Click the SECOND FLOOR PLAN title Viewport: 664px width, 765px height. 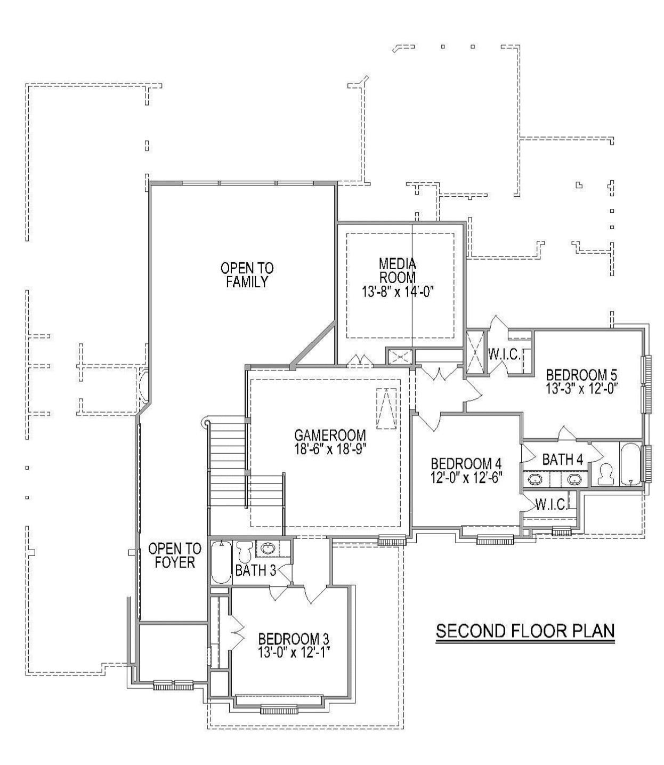[x=525, y=631]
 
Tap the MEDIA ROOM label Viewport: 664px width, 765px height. [x=397, y=270]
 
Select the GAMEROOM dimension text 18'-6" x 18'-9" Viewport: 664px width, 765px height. [x=330, y=449]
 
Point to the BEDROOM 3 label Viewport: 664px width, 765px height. [x=293, y=638]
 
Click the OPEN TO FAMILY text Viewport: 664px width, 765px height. [x=247, y=275]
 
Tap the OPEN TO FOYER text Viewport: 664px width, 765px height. [x=175, y=555]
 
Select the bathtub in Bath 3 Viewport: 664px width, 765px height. [x=221, y=562]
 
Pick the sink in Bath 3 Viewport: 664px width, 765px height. [x=267, y=548]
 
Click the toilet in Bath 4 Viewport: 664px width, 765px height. [x=605, y=473]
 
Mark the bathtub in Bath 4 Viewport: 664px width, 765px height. [x=631, y=464]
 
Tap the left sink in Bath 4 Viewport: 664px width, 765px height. [x=534, y=479]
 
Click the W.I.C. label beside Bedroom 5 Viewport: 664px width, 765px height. [x=504, y=355]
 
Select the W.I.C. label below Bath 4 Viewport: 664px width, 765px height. [x=550, y=505]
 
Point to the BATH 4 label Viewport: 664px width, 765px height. [x=562, y=459]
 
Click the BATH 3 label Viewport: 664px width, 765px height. [x=255, y=570]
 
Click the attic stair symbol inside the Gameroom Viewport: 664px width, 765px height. [x=386, y=409]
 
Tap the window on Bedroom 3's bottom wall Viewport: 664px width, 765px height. [x=278, y=709]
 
